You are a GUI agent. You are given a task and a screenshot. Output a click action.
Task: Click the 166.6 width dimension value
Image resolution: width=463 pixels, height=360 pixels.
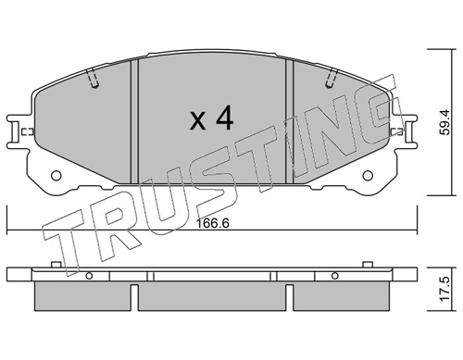[x=213, y=223]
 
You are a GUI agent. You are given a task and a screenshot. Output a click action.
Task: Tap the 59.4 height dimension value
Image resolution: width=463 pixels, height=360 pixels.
[x=445, y=122]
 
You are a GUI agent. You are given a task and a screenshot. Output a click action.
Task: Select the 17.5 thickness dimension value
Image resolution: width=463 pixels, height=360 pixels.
[x=445, y=289]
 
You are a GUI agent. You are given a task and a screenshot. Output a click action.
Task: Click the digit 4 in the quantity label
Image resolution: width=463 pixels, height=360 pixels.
[x=224, y=118]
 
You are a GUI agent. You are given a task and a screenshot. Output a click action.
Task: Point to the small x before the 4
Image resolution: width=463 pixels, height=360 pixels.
[x=197, y=121]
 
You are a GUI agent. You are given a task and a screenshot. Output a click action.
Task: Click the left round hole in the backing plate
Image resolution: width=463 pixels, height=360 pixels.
[x=56, y=176]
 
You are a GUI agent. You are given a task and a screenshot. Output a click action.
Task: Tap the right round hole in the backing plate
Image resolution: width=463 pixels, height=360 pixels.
[x=368, y=176]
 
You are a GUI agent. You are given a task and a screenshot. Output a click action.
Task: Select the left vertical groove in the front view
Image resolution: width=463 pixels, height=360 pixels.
[x=134, y=121]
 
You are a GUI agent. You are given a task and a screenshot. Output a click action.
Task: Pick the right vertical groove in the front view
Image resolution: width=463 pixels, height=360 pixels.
[x=289, y=121]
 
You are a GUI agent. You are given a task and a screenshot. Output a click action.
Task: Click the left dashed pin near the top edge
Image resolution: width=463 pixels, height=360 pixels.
[x=93, y=79]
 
